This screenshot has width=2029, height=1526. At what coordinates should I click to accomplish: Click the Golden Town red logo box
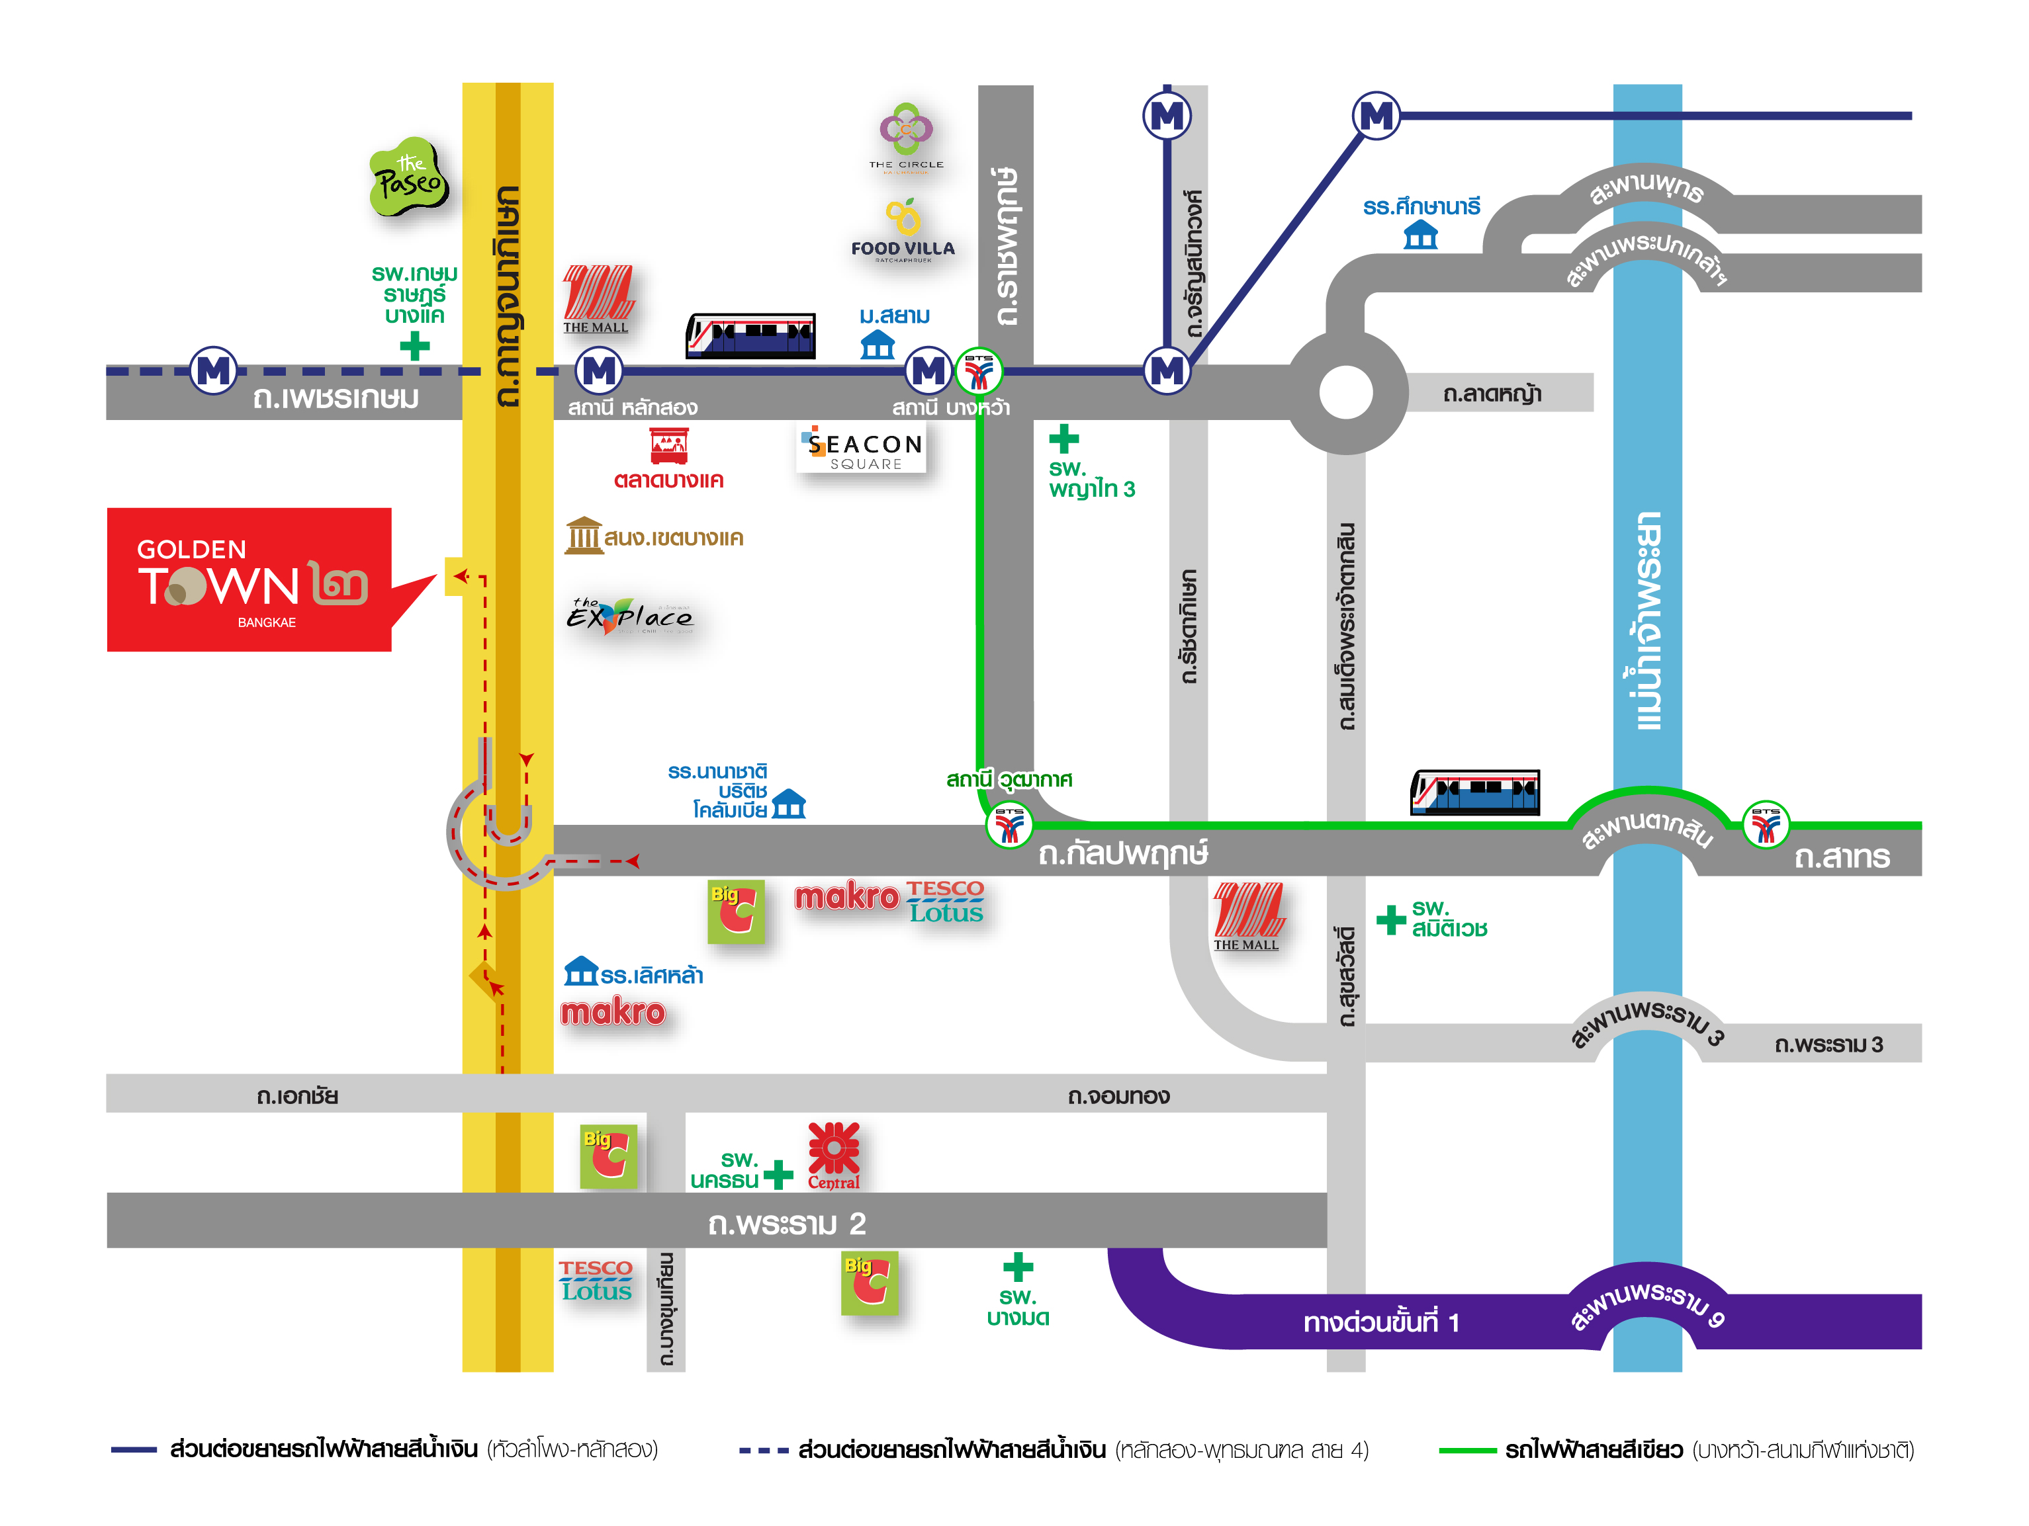tap(249, 579)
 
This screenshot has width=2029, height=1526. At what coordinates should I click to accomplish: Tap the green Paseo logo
tap(409, 178)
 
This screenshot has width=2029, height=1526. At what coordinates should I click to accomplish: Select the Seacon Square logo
tap(862, 449)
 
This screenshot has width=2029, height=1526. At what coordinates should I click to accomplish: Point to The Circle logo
tap(906, 138)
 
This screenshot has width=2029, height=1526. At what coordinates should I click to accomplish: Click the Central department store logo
tap(833, 1156)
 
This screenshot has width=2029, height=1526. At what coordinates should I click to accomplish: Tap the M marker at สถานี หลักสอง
tap(599, 370)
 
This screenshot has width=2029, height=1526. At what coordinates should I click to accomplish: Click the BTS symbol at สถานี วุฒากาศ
tap(1009, 824)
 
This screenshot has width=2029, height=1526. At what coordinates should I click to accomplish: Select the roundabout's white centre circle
tap(1345, 392)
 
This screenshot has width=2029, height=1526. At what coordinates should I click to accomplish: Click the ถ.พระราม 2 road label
tap(786, 1223)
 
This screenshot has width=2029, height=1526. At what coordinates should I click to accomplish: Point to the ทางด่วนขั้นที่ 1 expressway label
tap(1380, 1322)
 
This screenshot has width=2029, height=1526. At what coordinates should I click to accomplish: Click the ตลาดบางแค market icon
tap(668, 446)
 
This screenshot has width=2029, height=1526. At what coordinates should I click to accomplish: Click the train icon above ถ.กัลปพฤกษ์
tap(1474, 792)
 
